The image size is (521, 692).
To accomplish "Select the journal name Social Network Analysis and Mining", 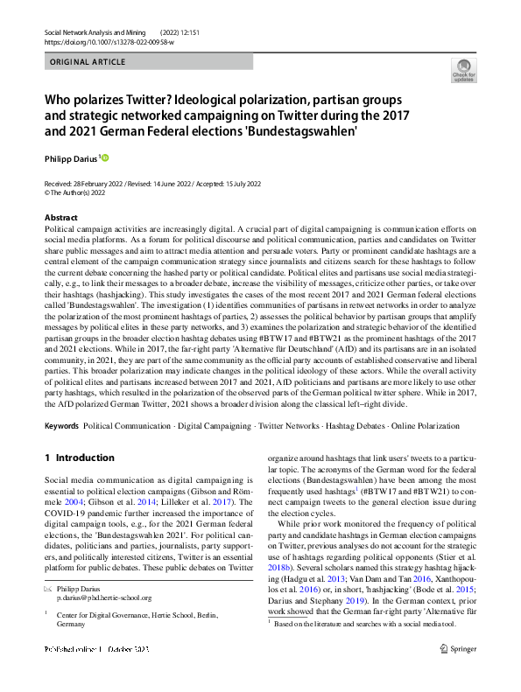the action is (x=95, y=31).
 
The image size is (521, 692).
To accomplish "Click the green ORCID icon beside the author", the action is (x=106, y=158).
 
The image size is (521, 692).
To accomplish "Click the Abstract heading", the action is (x=60, y=217).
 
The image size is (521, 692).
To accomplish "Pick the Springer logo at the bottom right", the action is (x=460, y=673).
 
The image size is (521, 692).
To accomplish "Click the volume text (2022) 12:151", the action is (x=181, y=31).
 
